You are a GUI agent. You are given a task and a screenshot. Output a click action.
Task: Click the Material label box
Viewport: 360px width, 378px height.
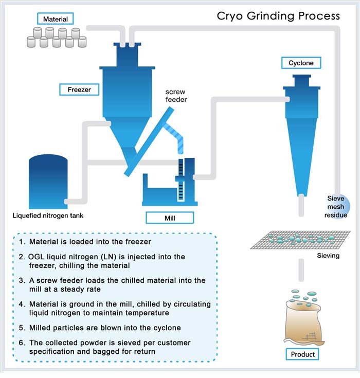coord(55,20)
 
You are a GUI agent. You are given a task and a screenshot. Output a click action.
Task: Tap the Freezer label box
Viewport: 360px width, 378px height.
coord(79,89)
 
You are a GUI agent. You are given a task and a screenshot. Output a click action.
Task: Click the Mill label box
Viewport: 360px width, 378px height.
coord(170,218)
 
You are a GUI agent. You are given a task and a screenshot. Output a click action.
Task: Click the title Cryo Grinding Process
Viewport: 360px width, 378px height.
coord(278,16)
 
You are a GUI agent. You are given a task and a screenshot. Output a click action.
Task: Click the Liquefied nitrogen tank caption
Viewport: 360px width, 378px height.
coord(48,215)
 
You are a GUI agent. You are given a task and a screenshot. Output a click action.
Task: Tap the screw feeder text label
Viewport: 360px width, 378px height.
coord(176,96)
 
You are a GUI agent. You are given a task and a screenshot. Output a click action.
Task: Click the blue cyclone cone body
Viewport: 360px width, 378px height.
coord(299,144)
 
